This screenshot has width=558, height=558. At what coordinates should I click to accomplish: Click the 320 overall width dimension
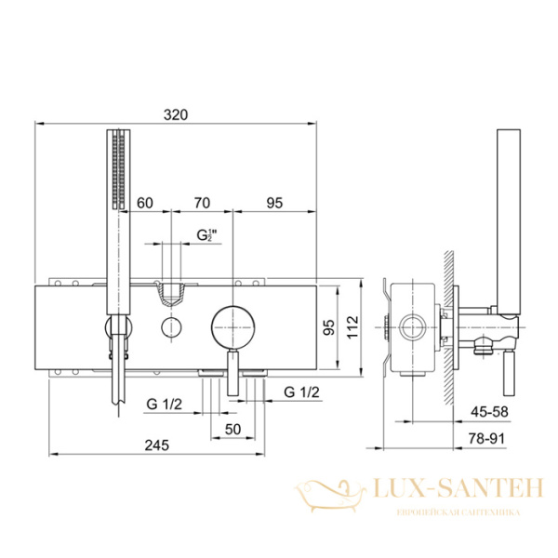pos(176,115)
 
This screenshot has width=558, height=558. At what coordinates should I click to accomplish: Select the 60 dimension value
pos(145,203)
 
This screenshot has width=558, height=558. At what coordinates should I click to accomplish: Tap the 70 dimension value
pos(202,203)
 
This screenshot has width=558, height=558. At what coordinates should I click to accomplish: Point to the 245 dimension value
pos(156,445)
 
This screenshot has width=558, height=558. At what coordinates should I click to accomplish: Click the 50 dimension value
pos(232,429)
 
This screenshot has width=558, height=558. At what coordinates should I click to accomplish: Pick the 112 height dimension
pos(352,327)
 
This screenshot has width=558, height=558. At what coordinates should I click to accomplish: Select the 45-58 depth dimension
pos(489,412)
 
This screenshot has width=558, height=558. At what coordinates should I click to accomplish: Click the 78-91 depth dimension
pos(486,438)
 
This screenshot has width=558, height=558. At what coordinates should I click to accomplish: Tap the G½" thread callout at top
pos(206,235)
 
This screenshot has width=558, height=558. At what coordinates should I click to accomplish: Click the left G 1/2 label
pos(164,404)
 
